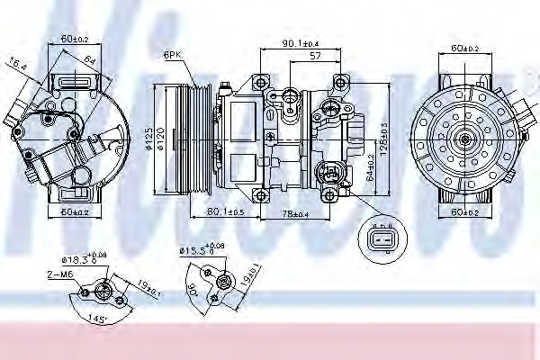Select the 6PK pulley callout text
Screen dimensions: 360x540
(x=174, y=56)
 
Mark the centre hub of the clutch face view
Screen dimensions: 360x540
(x=466, y=139)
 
